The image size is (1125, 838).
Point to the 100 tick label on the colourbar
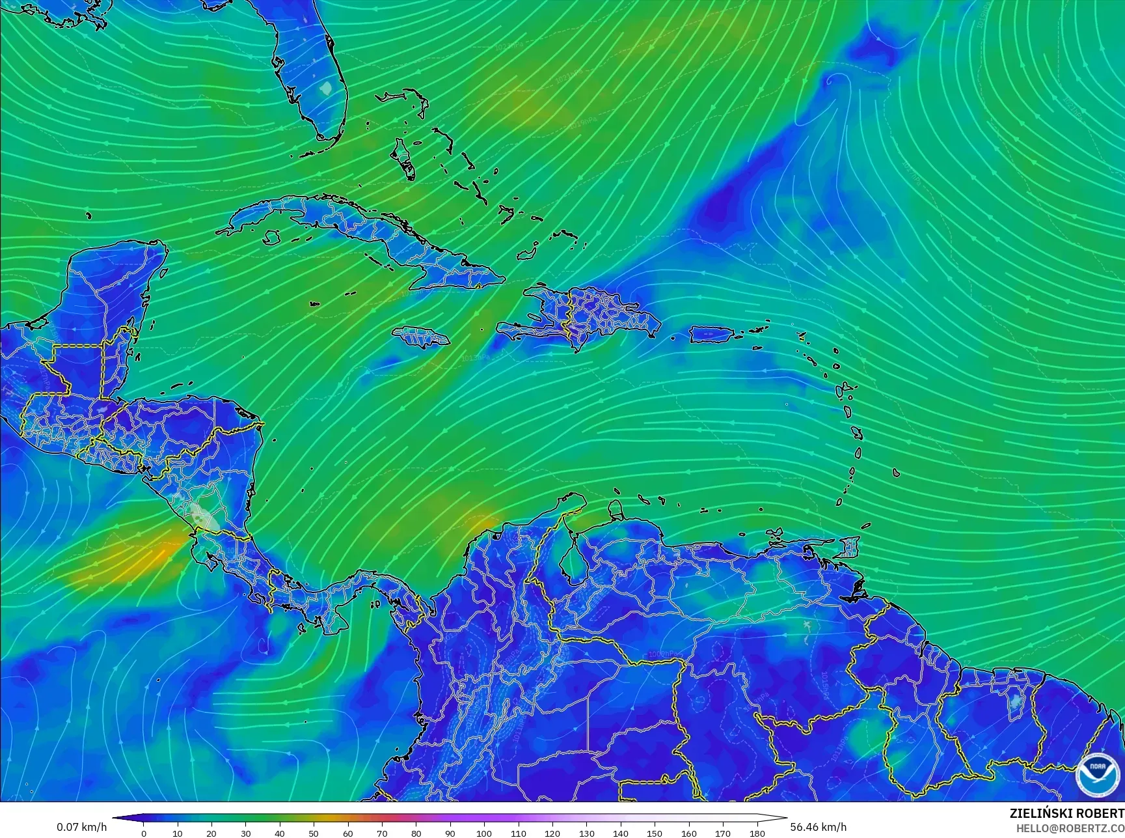pyautogui.click(x=484, y=833)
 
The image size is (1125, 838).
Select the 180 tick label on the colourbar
pyautogui.click(x=757, y=833)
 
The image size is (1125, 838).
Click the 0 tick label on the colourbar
pyautogui.click(x=144, y=833)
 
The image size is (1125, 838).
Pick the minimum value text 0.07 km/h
pyautogui.click(x=81, y=827)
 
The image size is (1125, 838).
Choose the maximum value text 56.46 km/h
pyautogui.click(x=818, y=827)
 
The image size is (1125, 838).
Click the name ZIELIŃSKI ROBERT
pyautogui.click(x=1066, y=813)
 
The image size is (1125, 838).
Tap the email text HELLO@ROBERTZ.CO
pyautogui.click(x=1070, y=828)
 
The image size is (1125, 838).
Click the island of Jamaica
pyautogui.click(x=420, y=337)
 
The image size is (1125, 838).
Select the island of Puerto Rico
pyautogui.click(x=711, y=335)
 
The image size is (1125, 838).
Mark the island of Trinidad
pyautogui.click(x=847, y=547)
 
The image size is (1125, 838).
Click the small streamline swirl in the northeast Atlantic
pyautogui.click(x=833, y=81)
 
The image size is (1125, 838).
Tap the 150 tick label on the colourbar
pyautogui.click(x=655, y=833)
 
